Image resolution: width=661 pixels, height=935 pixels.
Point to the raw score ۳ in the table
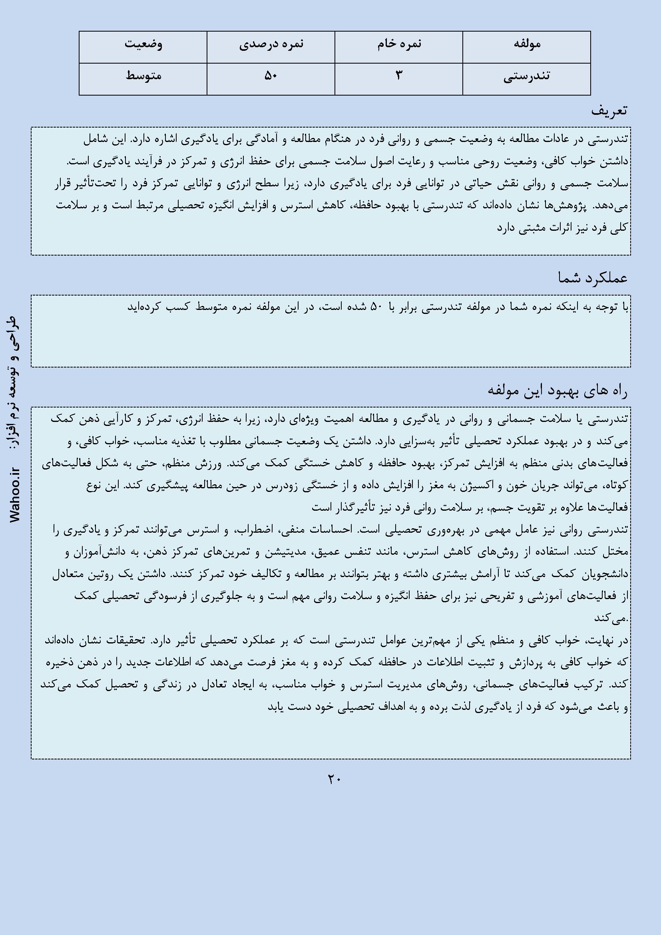click(398, 76)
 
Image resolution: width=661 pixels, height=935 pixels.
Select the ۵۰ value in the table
click(271, 76)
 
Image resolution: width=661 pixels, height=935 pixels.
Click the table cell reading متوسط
click(143, 76)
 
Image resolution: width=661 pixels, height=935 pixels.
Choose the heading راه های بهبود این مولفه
click(557, 391)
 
